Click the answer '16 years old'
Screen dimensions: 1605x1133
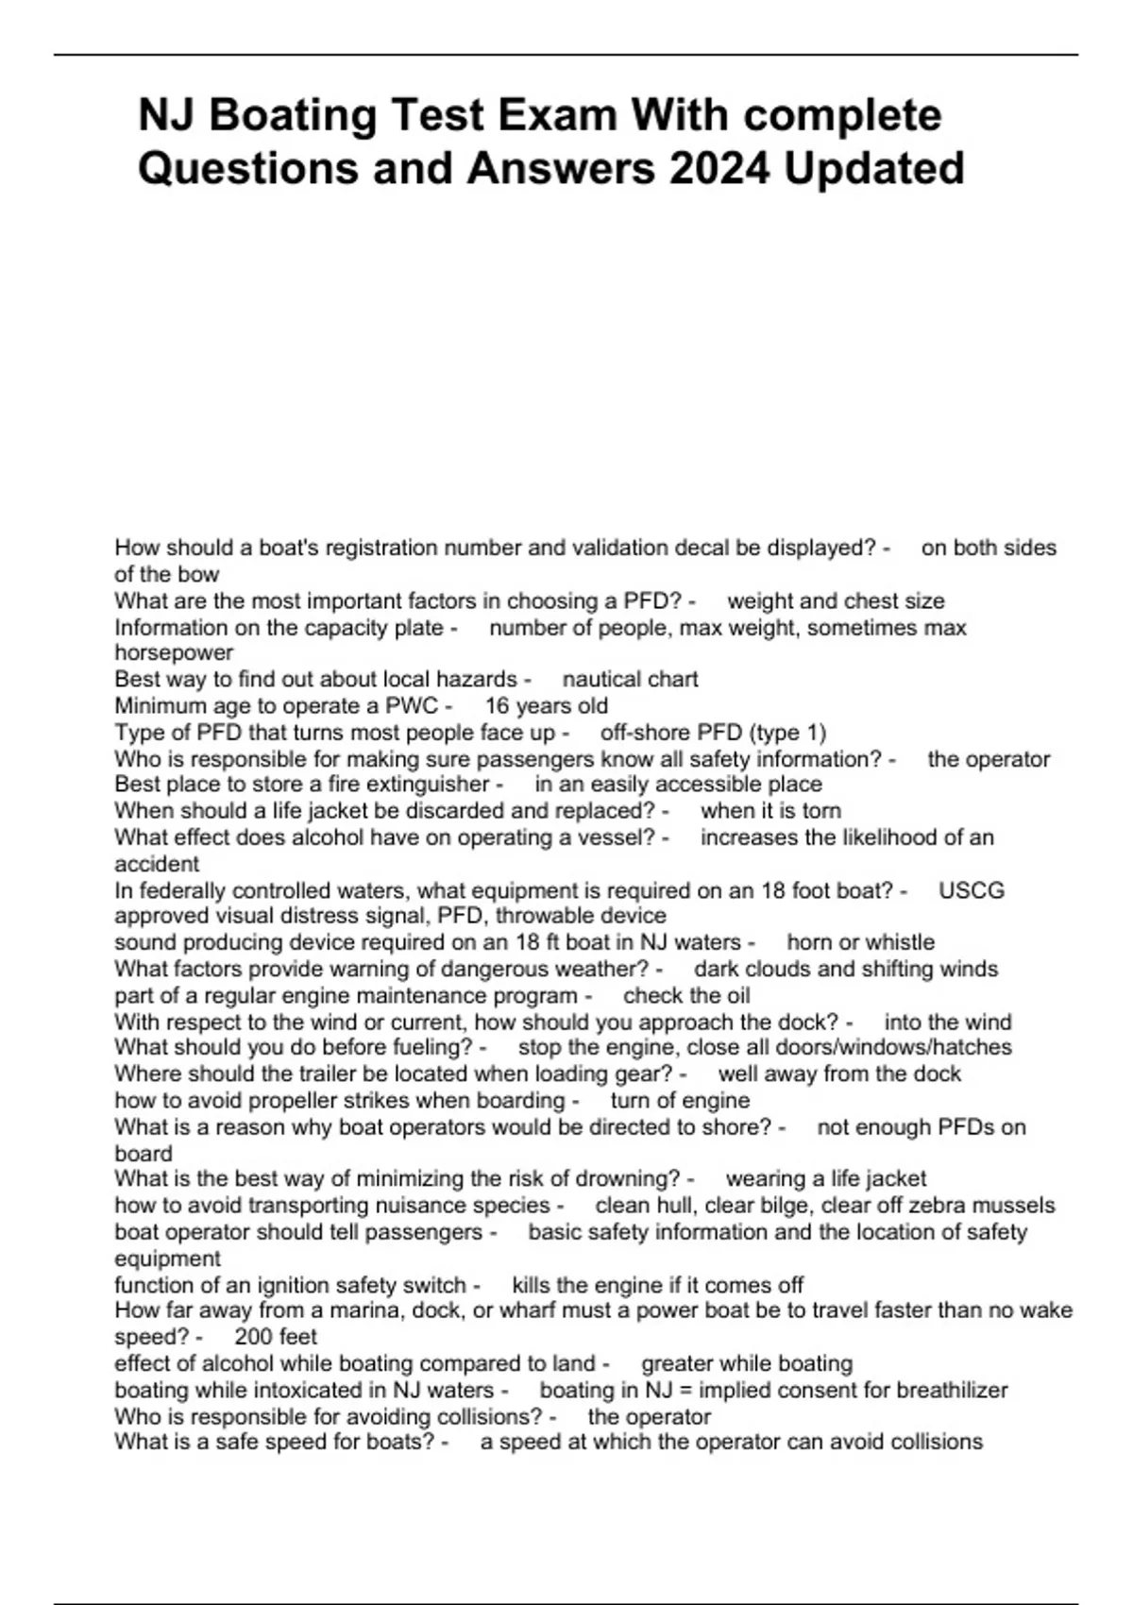coord(547,706)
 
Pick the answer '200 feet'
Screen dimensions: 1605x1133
coord(276,1337)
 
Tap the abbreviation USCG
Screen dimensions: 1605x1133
coord(972,890)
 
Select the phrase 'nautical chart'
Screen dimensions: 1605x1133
coord(631,680)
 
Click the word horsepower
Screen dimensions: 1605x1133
coord(174,653)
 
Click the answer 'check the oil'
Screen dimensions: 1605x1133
coord(686,995)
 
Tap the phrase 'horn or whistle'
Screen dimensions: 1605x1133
coord(860,942)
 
